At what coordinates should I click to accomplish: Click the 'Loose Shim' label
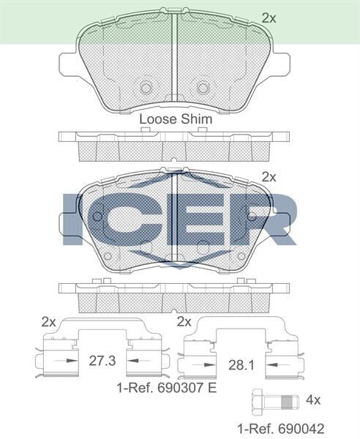click(176, 119)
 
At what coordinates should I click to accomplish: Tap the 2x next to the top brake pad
click(269, 18)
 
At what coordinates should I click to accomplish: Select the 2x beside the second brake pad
click(269, 177)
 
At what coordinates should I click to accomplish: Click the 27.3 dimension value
click(102, 361)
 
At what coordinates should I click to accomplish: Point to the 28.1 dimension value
click(241, 365)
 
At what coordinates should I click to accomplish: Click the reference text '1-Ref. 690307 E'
click(167, 388)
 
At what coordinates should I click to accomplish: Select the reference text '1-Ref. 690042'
click(281, 429)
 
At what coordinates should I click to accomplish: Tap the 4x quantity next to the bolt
click(313, 399)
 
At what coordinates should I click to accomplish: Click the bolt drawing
click(275, 402)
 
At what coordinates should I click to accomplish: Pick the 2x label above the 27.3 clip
click(49, 322)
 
